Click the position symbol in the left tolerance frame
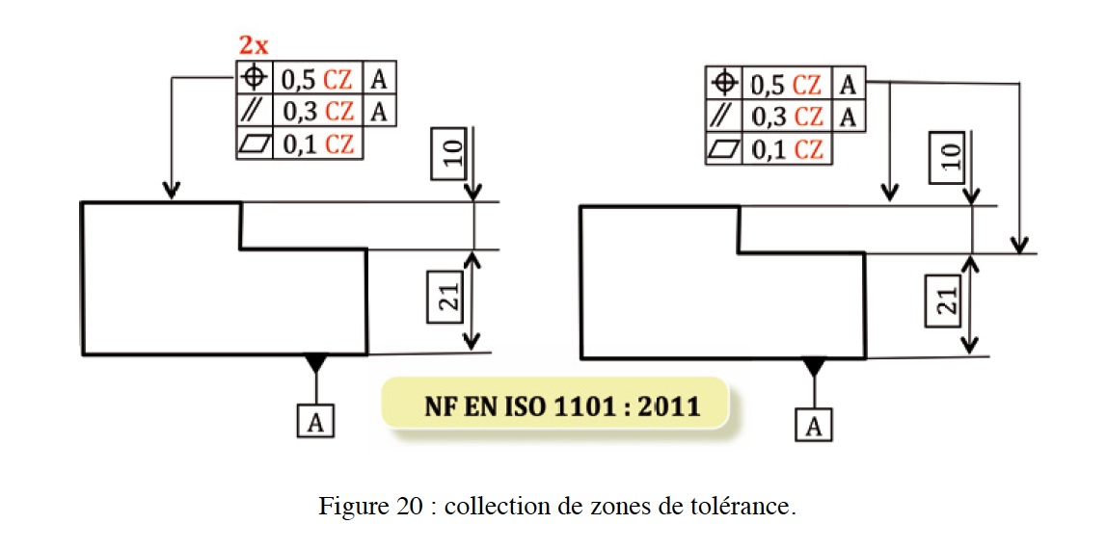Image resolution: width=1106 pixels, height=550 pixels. [256, 78]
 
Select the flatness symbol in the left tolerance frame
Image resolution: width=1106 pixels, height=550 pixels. [256, 144]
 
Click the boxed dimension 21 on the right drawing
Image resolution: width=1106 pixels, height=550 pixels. [948, 301]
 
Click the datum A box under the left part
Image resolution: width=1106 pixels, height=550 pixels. [316, 420]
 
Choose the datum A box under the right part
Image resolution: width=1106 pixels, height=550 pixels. [814, 425]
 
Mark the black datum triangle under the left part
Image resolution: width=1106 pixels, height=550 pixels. [316, 363]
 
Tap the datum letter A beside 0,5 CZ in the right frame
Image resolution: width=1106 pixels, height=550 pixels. [848, 84]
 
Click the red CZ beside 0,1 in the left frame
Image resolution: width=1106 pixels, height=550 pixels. [339, 144]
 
